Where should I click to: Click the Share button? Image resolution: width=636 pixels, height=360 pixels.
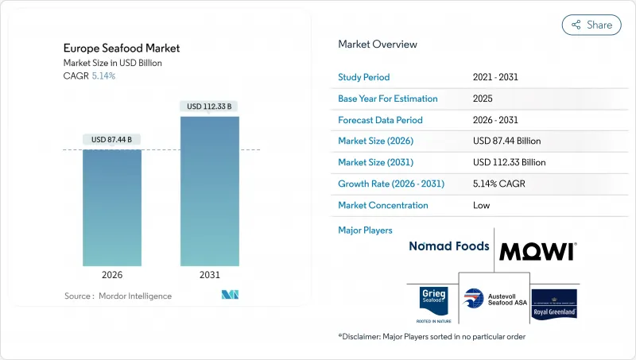[591, 25]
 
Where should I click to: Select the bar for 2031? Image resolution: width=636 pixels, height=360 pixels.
[210, 191]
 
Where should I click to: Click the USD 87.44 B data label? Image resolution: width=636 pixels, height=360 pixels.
[111, 139]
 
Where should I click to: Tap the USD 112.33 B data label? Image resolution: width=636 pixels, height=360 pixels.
[210, 106]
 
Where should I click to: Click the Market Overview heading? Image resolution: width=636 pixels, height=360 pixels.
[378, 45]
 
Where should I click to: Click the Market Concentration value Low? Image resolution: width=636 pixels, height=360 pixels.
[481, 205]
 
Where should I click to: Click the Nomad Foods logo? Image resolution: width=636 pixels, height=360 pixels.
[448, 246]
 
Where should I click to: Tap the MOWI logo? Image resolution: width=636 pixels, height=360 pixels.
[537, 252]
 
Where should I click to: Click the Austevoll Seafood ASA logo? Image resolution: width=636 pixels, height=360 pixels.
[492, 304]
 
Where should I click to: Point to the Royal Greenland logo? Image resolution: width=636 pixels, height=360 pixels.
[554, 304]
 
